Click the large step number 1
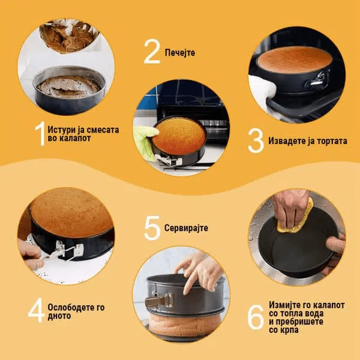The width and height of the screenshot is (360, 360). (40, 134)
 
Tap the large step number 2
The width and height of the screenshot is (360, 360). (152, 52)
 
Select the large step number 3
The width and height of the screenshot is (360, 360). (256, 140)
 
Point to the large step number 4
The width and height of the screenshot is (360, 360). (36, 310)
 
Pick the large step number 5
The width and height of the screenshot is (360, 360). (152, 228)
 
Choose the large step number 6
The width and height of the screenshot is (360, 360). (256, 317)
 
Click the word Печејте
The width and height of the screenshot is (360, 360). (180, 53)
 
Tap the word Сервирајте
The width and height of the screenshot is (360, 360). (186, 228)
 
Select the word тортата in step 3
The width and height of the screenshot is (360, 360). (332, 141)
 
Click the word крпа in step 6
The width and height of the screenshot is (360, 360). (290, 330)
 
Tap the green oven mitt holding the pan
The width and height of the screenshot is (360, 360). (145, 142)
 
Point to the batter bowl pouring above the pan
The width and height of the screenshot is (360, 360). (68, 35)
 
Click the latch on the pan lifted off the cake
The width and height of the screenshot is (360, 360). (160, 301)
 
